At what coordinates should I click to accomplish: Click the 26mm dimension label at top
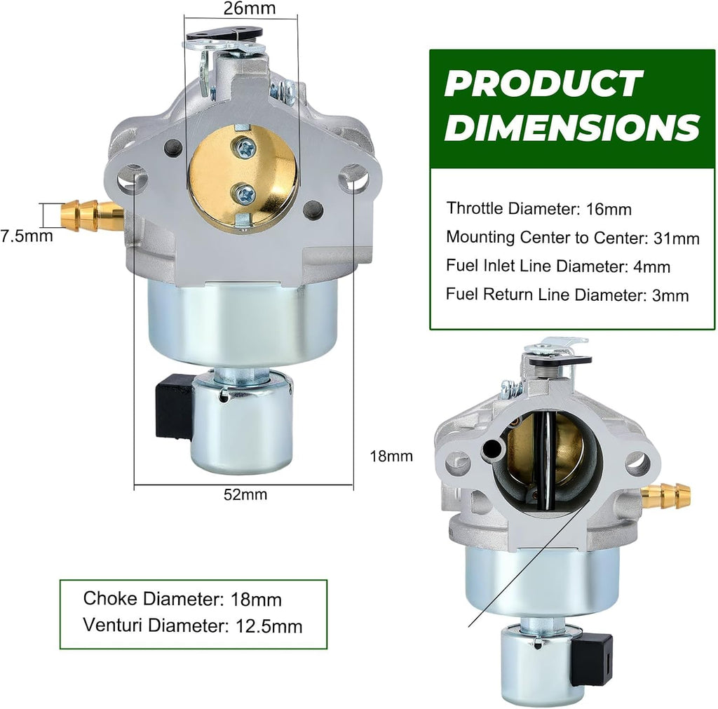point(250,8)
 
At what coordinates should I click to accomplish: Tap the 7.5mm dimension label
point(27,236)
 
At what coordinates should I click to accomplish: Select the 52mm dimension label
point(245,494)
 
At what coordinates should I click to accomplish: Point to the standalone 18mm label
point(391,456)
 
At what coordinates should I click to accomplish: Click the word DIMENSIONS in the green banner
point(572,127)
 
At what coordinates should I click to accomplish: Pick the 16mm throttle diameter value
point(609,209)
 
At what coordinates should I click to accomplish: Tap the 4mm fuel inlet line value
point(651,266)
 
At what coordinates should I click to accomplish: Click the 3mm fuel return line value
point(670,295)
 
